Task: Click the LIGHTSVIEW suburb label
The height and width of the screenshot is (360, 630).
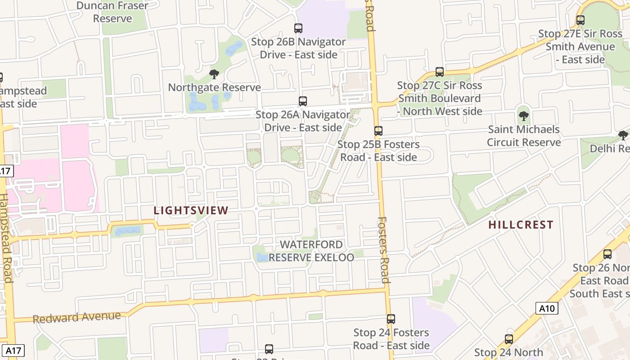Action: (191, 210)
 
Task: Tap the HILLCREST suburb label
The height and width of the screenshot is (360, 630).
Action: (521, 225)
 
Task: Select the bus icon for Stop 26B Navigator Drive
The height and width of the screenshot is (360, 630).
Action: (298, 28)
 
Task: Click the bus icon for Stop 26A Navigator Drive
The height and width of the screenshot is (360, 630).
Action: (303, 101)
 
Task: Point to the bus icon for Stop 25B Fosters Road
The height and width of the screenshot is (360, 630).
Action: (378, 131)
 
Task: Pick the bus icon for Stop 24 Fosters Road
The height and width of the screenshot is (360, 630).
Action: (391, 319)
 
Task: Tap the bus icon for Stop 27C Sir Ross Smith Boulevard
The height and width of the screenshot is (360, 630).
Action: (440, 72)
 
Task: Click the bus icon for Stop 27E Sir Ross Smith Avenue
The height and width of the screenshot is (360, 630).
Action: (580, 20)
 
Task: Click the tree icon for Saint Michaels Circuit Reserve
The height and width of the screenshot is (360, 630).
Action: (523, 116)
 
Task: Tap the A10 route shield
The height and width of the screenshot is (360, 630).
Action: (547, 308)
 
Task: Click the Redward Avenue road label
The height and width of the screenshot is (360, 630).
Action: (77, 317)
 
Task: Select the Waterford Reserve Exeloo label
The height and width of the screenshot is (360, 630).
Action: (311, 251)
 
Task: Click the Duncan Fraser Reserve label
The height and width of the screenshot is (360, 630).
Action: (112, 12)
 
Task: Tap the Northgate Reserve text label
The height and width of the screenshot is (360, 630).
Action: (214, 87)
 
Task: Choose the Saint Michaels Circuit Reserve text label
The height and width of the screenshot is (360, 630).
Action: (524, 136)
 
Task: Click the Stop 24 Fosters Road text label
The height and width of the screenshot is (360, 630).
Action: (391, 339)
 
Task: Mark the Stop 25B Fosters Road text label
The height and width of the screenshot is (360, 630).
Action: (378, 151)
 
